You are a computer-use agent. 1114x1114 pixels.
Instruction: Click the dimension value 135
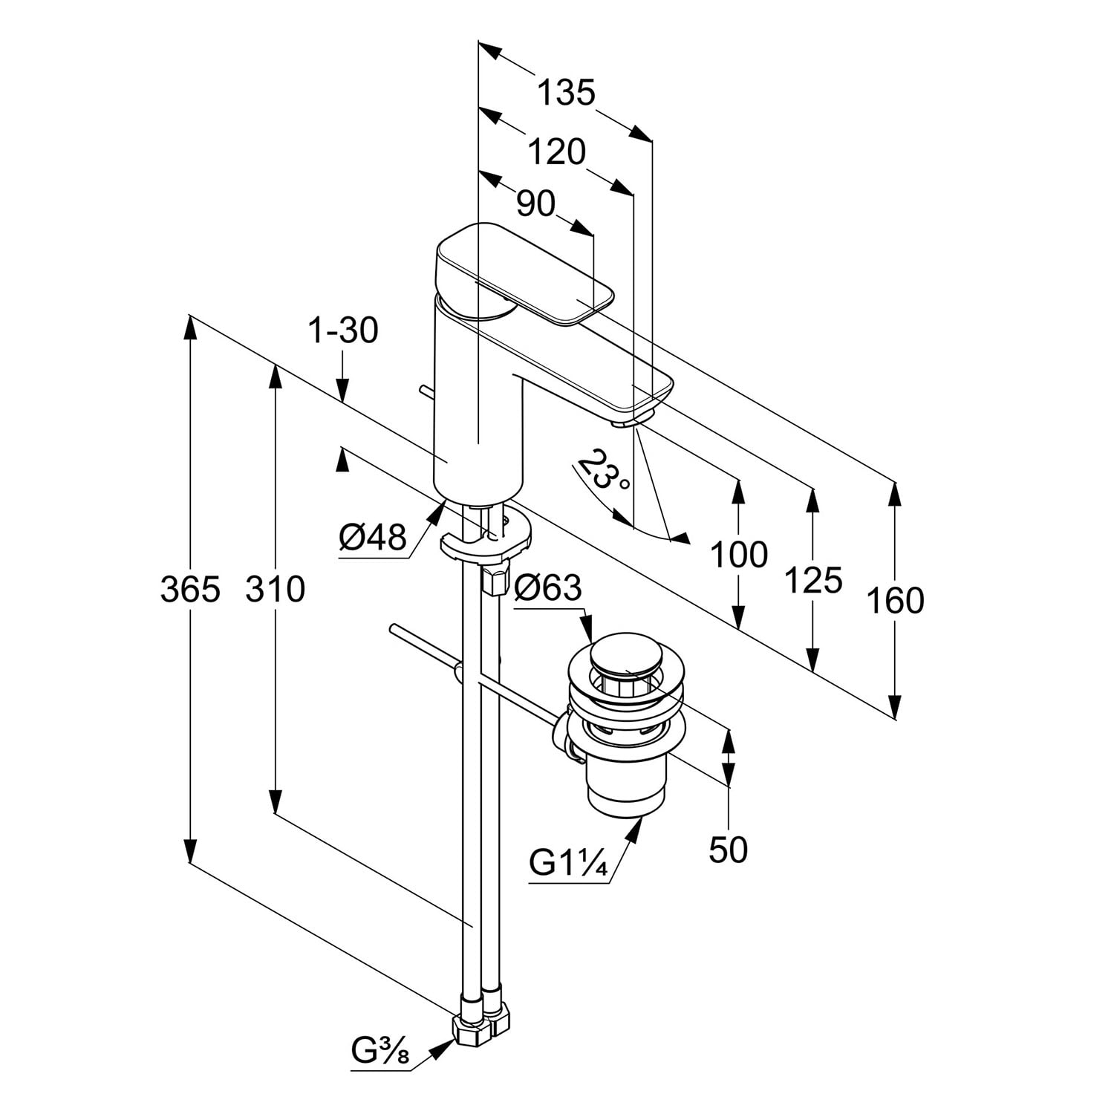tap(566, 94)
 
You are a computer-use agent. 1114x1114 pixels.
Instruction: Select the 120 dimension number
tap(556, 152)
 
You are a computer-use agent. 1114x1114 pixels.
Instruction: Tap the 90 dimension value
tap(535, 203)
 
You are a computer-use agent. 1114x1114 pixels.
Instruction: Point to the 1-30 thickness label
tap(343, 330)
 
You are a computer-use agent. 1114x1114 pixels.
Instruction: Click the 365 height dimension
tap(190, 590)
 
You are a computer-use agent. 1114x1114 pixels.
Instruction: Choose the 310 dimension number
tap(276, 590)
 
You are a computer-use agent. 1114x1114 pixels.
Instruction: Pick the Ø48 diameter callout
tap(373, 536)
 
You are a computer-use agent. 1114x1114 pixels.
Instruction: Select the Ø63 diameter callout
tap(549, 588)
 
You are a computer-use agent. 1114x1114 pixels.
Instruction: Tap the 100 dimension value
tap(738, 554)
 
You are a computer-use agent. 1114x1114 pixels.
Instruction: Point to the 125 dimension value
tap(813, 580)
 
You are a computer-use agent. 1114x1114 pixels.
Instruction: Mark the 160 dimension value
tap(895, 600)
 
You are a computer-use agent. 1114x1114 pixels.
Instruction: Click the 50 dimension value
tap(728, 849)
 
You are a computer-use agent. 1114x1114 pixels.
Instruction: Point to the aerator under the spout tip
tap(624, 423)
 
